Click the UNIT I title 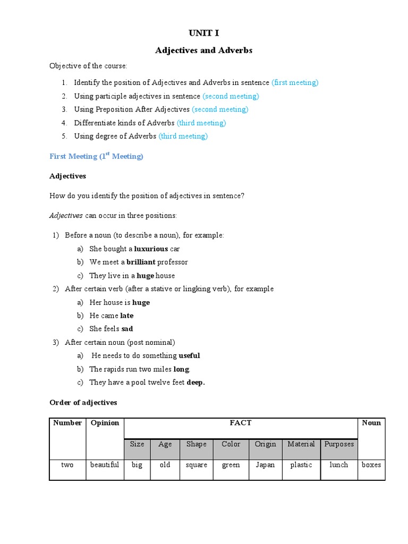coord(203,33)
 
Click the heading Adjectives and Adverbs coord(203,50)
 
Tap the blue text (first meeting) coord(295,83)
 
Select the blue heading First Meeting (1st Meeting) coord(96,156)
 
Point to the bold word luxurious coord(151,249)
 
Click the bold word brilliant coord(141,262)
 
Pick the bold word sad coord(127,329)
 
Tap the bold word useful coord(189,355)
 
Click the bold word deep coord(195,382)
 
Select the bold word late coord(126,316)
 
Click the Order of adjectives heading coord(83,403)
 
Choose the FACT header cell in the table coord(240,423)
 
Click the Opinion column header coord(105,423)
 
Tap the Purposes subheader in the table coord(338,445)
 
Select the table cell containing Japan coord(265,465)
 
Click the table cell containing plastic coord(301,465)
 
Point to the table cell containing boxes coord(371,465)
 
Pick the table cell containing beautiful coord(105,465)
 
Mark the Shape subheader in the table coord(197,444)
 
